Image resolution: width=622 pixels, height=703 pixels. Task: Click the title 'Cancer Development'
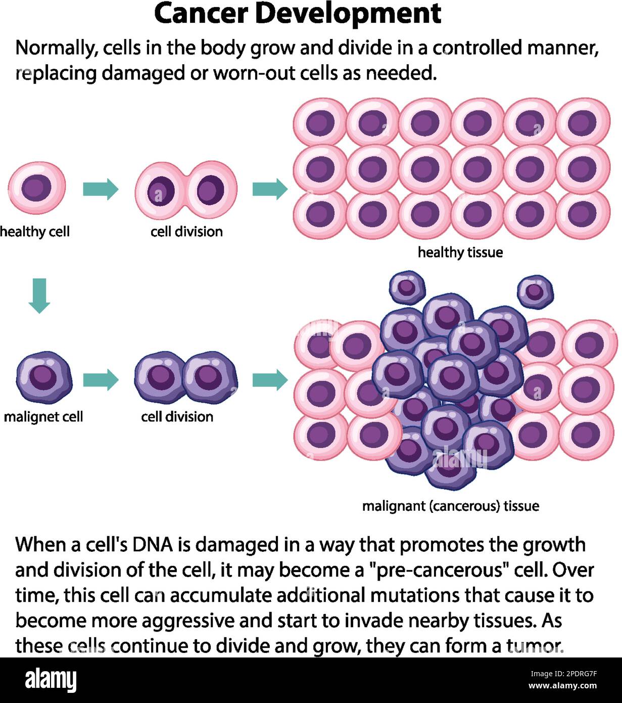click(x=297, y=14)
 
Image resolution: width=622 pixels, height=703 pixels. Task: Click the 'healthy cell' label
click(x=35, y=232)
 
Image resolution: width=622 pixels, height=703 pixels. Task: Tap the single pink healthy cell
click(x=37, y=189)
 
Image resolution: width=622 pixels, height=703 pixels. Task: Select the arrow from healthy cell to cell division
click(x=101, y=190)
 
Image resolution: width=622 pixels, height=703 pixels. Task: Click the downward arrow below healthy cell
click(x=39, y=295)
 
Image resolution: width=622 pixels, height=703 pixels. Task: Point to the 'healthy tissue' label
click(x=460, y=252)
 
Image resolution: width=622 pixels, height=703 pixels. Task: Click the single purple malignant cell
click(x=44, y=377)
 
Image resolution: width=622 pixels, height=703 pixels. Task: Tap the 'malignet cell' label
click(x=43, y=417)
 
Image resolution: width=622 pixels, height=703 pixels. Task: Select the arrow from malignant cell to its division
click(x=101, y=380)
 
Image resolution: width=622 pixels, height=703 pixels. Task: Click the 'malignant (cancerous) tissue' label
click(x=450, y=506)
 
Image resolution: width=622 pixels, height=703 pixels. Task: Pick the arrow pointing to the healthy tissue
click(x=270, y=189)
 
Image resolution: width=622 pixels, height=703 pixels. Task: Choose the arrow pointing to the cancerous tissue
click(x=270, y=379)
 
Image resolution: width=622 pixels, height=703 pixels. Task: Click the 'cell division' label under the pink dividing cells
click(x=186, y=232)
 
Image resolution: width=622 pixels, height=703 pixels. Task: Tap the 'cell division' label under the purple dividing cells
click(x=177, y=417)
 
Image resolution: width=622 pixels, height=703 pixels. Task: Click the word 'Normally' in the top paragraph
click(x=56, y=48)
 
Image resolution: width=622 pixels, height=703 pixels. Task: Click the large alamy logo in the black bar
click(x=51, y=680)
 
